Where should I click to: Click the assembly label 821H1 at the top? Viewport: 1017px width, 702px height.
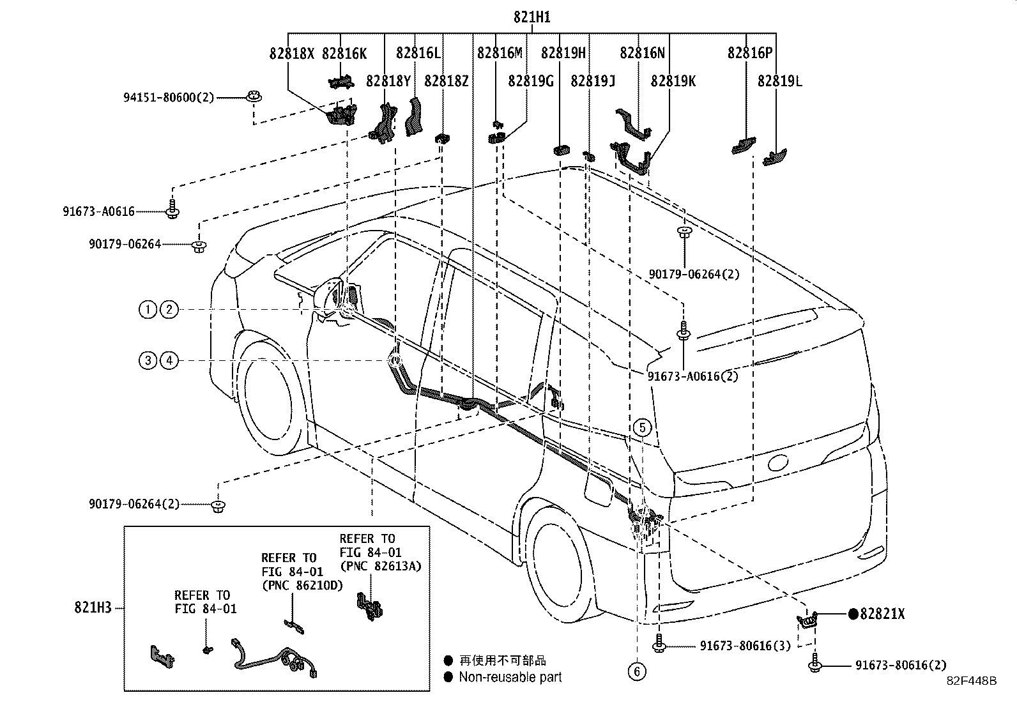[531, 17]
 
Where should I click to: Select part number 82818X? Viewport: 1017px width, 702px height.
[291, 54]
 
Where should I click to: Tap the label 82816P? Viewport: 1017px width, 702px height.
[749, 53]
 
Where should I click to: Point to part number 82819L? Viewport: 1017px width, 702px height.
[779, 81]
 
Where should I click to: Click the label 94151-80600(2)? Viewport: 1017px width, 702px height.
[169, 98]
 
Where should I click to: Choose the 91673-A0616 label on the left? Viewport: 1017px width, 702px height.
[98, 211]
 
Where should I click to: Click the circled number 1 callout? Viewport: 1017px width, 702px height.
[148, 310]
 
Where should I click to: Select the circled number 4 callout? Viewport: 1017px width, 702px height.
[169, 361]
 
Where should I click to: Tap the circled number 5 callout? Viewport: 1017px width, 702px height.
[643, 427]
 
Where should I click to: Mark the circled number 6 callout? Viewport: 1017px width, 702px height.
[636, 671]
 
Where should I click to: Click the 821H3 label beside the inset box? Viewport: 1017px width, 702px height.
[93, 607]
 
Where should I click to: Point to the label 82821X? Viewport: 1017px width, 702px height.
[882, 614]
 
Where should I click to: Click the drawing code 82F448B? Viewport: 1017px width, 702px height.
[972, 681]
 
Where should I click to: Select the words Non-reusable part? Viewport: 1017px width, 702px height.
[510, 677]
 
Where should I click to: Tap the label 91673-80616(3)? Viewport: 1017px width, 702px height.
[745, 646]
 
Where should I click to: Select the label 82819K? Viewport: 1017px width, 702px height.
[673, 81]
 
